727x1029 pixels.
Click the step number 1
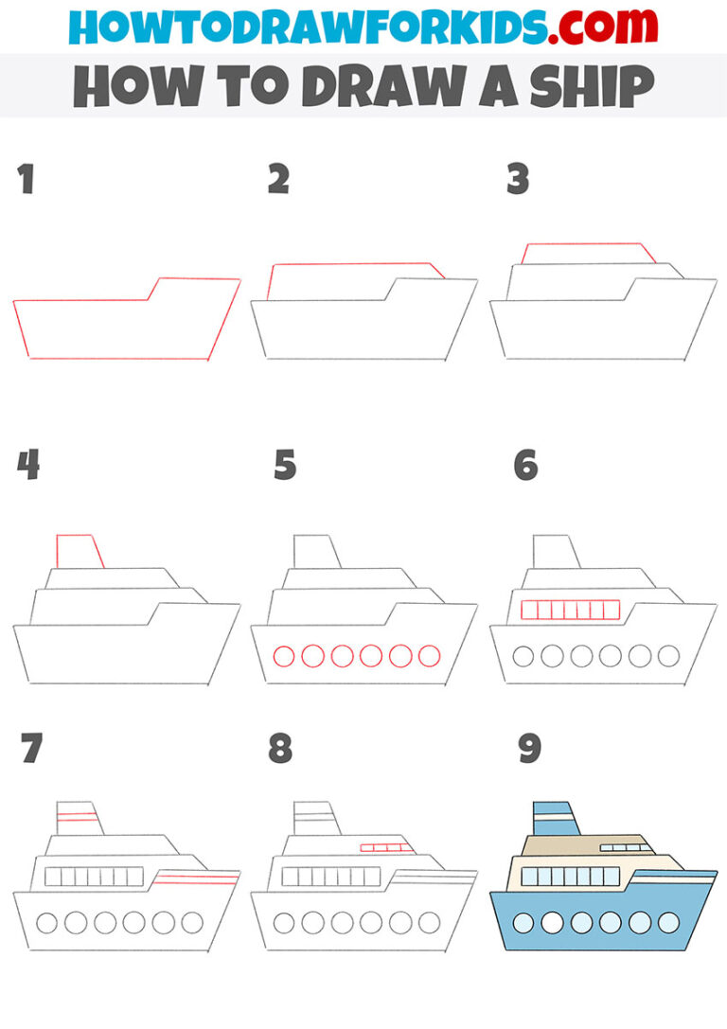[27, 180]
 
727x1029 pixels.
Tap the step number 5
[285, 466]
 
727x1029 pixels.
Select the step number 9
[529, 749]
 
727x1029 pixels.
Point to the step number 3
[517, 179]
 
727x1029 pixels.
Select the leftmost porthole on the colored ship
[523, 922]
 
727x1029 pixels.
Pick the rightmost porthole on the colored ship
[668, 922]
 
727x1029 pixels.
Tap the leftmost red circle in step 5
[283, 655]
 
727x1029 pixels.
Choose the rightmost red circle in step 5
[430, 655]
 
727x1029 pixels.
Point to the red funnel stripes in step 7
[78, 815]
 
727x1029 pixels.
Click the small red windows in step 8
[388, 847]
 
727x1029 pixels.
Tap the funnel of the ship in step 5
[316, 552]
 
